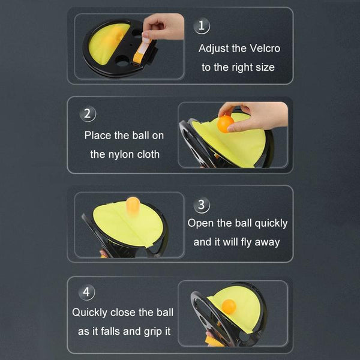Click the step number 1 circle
202,26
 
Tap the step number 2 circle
88,113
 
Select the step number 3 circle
202,205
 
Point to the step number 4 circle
86,292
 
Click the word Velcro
265,49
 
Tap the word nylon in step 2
121,155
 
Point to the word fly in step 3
247,242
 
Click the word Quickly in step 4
89,313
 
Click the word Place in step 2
98,135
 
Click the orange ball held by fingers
225,124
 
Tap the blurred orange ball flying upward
133,205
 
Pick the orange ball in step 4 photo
229,306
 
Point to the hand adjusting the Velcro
163,26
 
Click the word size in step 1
266,67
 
